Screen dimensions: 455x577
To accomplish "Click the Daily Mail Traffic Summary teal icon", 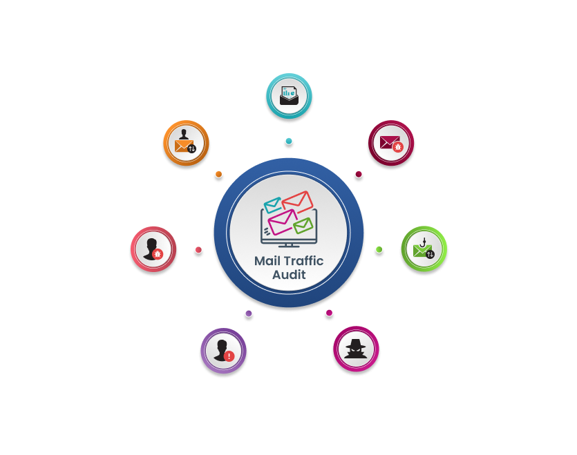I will [288, 95].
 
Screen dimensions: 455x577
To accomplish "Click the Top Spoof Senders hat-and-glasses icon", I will [357, 349].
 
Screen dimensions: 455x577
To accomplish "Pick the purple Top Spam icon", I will [223, 350].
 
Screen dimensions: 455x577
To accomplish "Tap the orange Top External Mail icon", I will [186, 143].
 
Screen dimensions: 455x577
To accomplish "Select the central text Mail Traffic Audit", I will [288, 268].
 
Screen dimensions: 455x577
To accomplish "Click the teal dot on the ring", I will [288, 142].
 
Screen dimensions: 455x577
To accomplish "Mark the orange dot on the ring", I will [218, 174].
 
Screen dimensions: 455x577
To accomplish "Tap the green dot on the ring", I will [379, 249].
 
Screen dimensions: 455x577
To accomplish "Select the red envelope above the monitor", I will [298, 202].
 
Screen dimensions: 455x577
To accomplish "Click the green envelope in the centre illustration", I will [303, 226].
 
